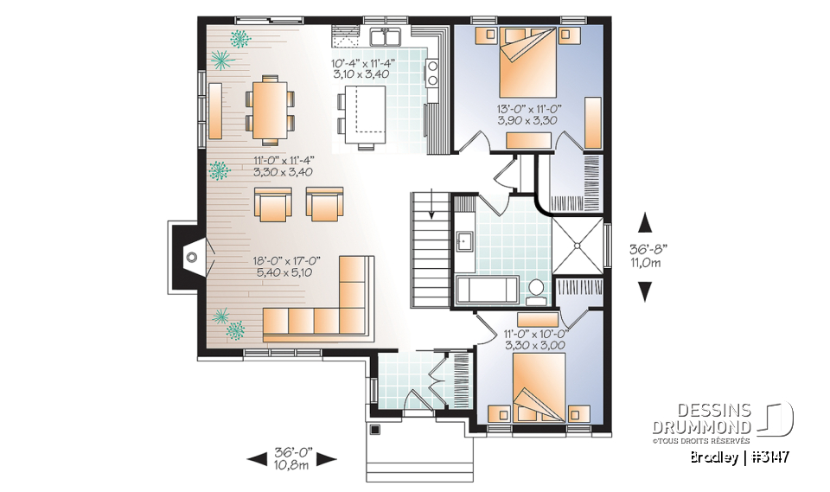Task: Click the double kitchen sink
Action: coord(385,37)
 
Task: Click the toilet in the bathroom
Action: coord(537,290)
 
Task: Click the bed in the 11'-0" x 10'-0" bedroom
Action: coord(538,385)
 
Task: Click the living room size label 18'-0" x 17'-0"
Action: coord(283,265)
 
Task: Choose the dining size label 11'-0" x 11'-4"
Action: coord(284,165)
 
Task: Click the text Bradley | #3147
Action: coord(742,457)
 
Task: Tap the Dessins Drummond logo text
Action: coord(701,419)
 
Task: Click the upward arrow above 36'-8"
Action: coord(644,224)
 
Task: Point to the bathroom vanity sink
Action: coord(463,240)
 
